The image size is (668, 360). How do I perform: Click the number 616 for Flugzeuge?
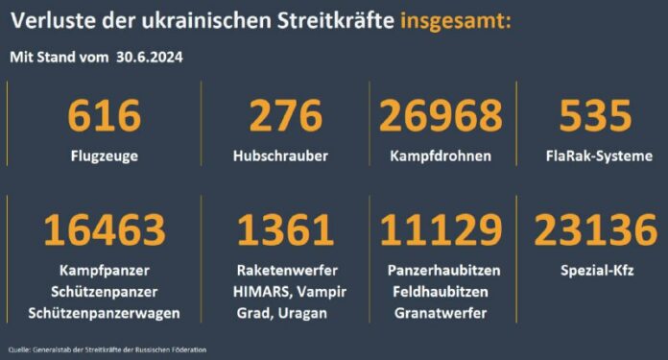click(x=105, y=117)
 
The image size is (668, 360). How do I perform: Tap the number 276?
click(x=285, y=117)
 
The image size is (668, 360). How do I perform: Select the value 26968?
click(x=441, y=117)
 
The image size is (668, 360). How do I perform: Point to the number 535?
click(x=595, y=117)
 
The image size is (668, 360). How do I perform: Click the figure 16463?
click(x=105, y=231)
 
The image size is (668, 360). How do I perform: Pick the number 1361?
click(x=285, y=231)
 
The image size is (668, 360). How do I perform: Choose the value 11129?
click(x=441, y=231)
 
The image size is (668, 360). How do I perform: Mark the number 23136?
click(x=595, y=231)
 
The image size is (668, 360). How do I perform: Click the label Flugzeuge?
click(x=105, y=156)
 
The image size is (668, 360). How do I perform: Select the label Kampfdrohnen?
click(x=441, y=156)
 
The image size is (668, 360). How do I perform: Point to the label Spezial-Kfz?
click(x=595, y=270)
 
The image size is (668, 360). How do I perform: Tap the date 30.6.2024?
click(x=149, y=57)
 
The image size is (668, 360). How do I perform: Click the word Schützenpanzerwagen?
click(x=105, y=314)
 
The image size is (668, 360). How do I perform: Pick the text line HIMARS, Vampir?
click(x=285, y=292)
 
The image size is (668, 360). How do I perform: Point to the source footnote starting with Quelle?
click(x=106, y=348)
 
